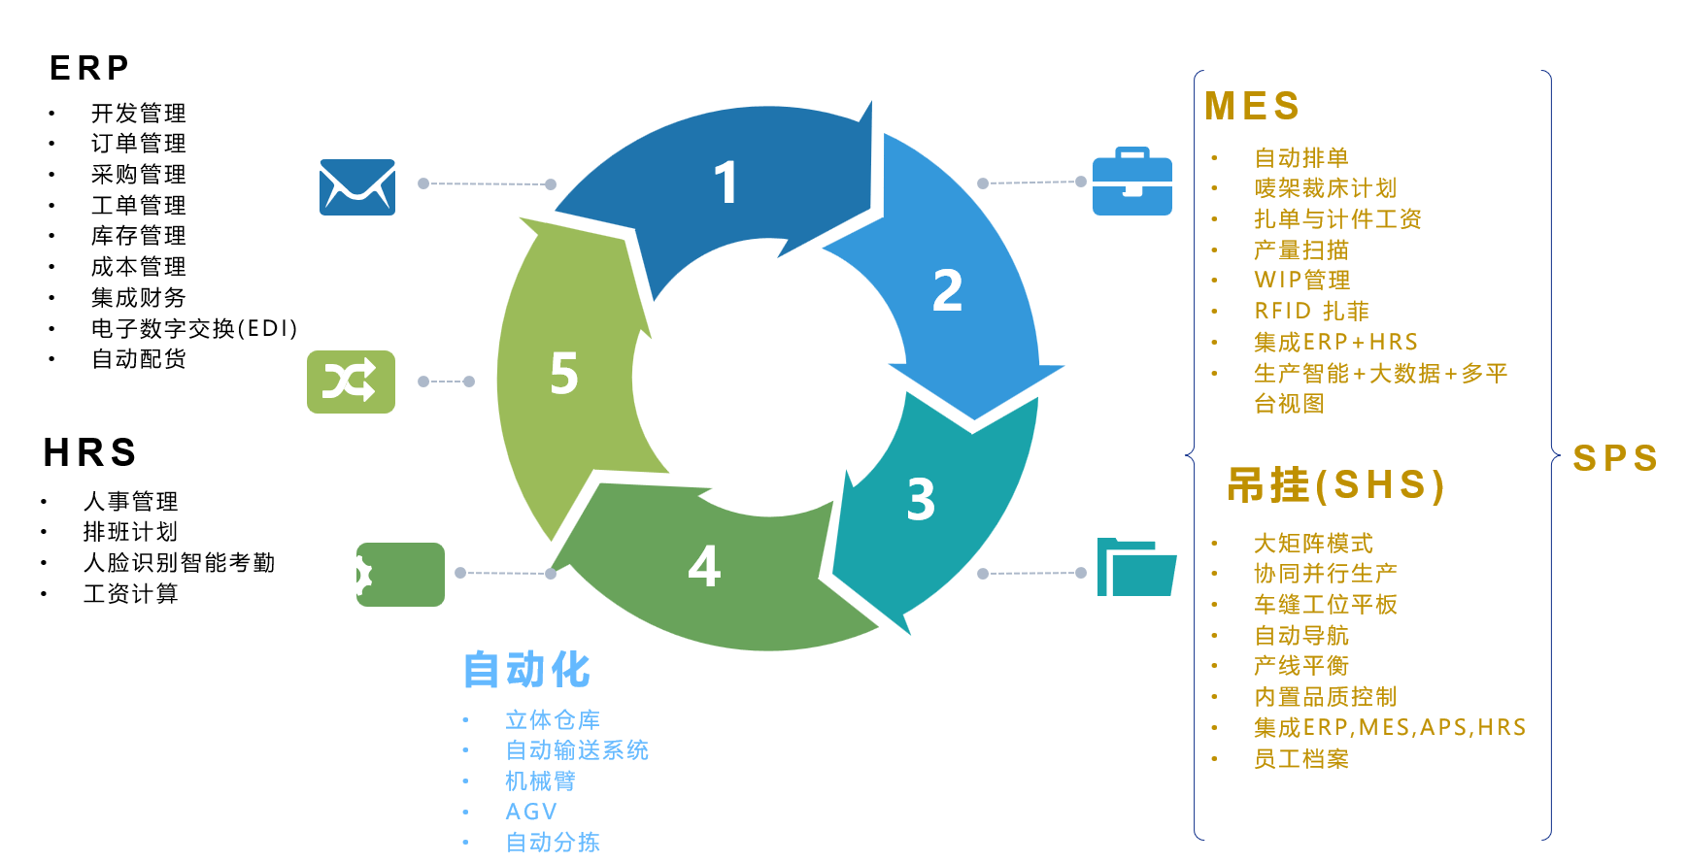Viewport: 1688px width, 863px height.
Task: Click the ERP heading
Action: (89, 68)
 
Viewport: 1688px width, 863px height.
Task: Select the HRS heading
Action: (90, 452)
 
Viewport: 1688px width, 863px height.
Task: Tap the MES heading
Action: (1252, 106)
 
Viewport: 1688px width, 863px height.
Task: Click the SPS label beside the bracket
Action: (1615, 458)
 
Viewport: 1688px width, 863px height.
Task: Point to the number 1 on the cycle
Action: (726, 183)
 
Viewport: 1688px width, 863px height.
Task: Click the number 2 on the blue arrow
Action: (947, 290)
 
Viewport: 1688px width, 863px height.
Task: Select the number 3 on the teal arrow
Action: (921, 500)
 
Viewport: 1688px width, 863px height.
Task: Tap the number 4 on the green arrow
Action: (704, 566)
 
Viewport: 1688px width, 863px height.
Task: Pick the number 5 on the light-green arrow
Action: (564, 374)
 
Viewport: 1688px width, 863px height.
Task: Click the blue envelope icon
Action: (357, 187)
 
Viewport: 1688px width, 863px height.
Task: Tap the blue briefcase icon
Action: (1131, 182)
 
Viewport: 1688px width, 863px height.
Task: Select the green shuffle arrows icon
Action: (351, 382)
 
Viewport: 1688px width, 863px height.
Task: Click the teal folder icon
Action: (1135, 567)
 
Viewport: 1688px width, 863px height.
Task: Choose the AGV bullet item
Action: (531, 812)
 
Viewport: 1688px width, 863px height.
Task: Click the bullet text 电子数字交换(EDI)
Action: (194, 328)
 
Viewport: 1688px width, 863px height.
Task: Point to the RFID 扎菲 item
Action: (1311, 311)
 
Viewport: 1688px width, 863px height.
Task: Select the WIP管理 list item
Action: (1301, 281)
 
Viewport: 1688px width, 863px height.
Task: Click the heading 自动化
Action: (527, 670)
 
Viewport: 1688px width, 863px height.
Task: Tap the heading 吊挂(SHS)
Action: (1335, 484)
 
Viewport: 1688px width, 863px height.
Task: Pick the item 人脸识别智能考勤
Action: (179, 563)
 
